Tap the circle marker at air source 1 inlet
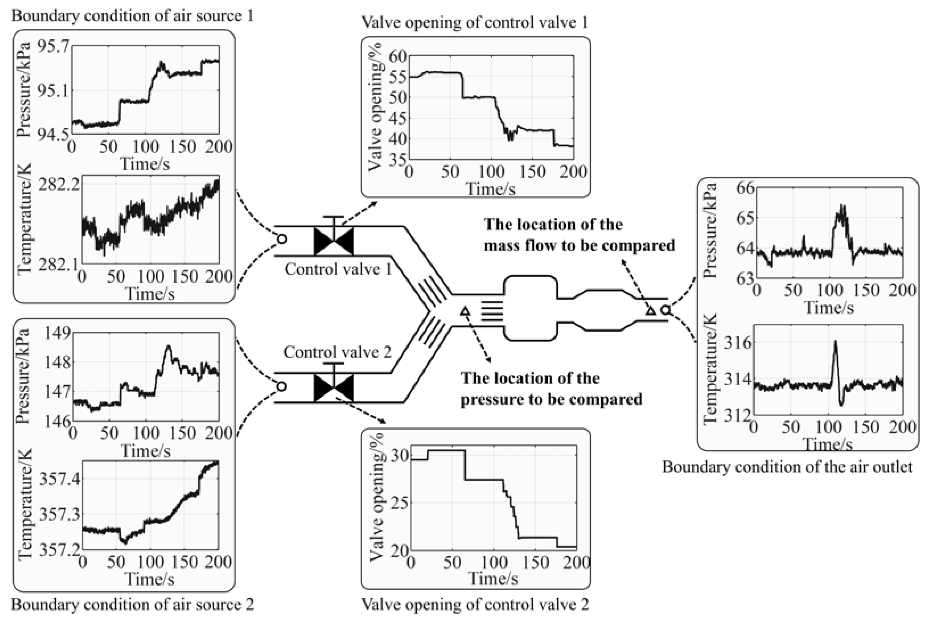(282, 239)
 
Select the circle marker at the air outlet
(666, 310)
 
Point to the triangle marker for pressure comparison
(465, 311)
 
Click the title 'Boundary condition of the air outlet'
(787, 467)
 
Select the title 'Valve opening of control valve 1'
(475, 22)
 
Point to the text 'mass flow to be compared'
(579, 245)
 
